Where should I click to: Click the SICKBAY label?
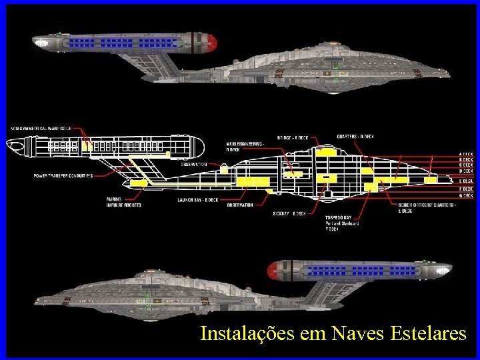[x=289, y=213]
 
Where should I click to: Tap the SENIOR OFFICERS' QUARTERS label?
[x=427, y=205]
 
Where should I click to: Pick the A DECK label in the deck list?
[x=465, y=153]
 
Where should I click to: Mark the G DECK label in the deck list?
[x=465, y=195]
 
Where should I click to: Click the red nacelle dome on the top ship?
[x=213, y=43]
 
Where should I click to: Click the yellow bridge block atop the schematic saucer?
[x=325, y=152]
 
